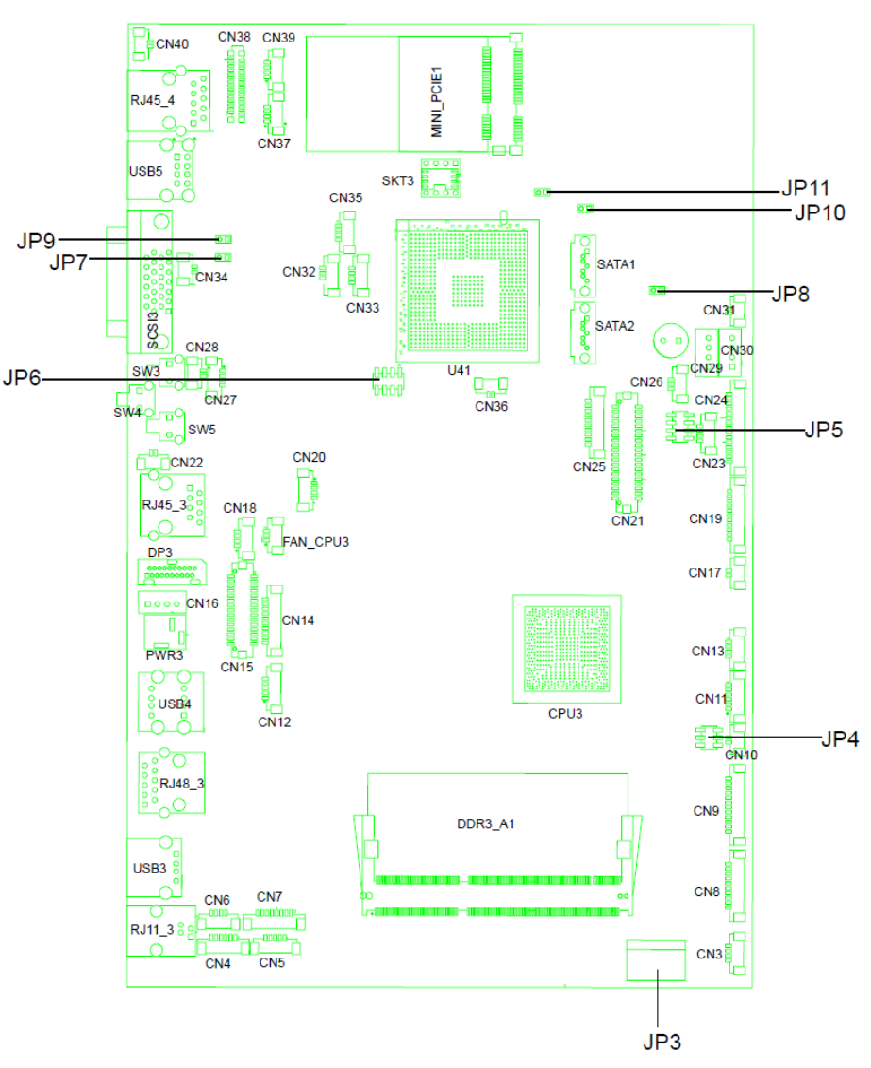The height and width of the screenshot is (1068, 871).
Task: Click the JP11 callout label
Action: point(806,188)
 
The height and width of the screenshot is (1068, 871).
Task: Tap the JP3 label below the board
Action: point(662,1042)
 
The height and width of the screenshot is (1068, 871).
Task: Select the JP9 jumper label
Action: point(36,241)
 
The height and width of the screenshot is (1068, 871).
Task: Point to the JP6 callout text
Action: point(22,378)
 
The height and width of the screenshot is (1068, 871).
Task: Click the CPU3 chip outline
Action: point(567,649)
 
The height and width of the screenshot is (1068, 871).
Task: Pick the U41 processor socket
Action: point(468,291)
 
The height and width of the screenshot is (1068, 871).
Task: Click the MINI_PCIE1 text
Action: point(437,101)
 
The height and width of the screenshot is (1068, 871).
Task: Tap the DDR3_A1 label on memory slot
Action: point(486,823)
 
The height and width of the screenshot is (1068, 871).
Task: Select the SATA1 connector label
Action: point(616,264)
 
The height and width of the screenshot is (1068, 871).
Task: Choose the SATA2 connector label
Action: point(614,326)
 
